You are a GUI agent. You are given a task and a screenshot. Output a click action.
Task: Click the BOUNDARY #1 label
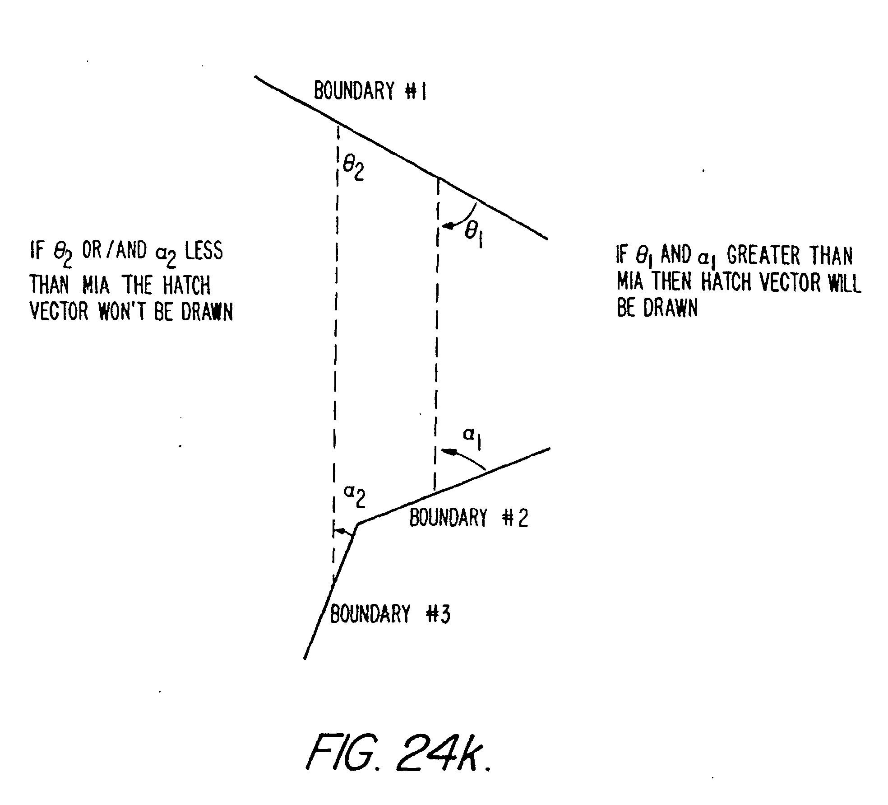click(370, 91)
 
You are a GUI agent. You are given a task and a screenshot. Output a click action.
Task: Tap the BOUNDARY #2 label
click(468, 518)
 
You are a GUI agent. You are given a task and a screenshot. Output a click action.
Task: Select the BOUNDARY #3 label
click(390, 614)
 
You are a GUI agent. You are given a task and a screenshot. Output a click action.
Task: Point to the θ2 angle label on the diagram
click(353, 169)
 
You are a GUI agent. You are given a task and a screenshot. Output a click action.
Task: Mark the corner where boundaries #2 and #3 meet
click(358, 524)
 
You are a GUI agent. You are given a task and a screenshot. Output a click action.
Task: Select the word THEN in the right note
click(671, 282)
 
